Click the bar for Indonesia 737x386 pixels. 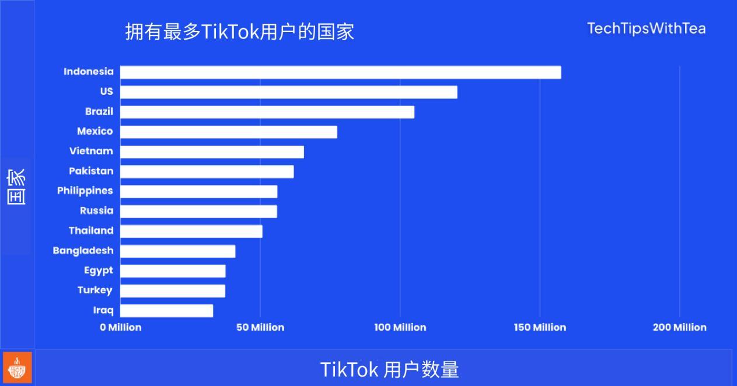[x=340, y=72]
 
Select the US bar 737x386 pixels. [x=288, y=92]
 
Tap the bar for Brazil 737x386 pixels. [x=267, y=112]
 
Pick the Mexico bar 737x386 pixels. [x=228, y=132]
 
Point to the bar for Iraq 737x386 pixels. [x=166, y=311]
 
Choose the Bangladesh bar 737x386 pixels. [x=177, y=251]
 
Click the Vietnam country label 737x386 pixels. [x=91, y=151]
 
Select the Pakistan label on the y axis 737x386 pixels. [x=91, y=171]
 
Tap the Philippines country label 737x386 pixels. [x=85, y=191]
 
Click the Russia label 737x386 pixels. [x=97, y=210]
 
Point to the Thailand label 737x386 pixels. [x=91, y=230]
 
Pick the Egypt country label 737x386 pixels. [x=99, y=271]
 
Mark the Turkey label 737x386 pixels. [x=95, y=290]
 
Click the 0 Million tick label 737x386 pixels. [x=121, y=328]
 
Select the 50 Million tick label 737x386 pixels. [x=260, y=328]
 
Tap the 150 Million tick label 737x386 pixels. [x=540, y=328]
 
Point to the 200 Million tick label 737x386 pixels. [x=679, y=328]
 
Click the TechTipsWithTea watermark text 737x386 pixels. [x=646, y=29]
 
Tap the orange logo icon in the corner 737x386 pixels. [x=17, y=369]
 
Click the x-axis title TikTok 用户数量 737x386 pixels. [x=389, y=370]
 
